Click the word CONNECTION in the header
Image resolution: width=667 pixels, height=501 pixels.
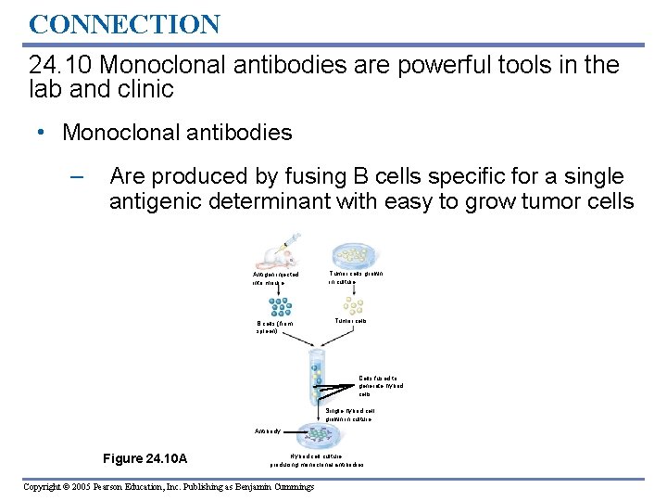pyautogui.click(x=124, y=23)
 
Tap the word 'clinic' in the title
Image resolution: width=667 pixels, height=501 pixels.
pyautogui.click(x=144, y=89)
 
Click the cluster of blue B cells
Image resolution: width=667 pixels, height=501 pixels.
pyautogui.click(x=275, y=306)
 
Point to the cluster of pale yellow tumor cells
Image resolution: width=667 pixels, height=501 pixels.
pyautogui.click(x=353, y=305)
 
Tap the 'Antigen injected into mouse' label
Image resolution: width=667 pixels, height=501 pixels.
pyautogui.click(x=275, y=278)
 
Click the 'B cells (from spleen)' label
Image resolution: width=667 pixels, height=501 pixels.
pyautogui.click(x=273, y=328)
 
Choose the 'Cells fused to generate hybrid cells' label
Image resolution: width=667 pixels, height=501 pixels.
pyautogui.click(x=381, y=385)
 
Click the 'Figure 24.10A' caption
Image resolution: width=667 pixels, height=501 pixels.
pyautogui.click(x=145, y=458)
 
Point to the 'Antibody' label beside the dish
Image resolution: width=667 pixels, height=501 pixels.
pyautogui.click(x=268, y=431)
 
